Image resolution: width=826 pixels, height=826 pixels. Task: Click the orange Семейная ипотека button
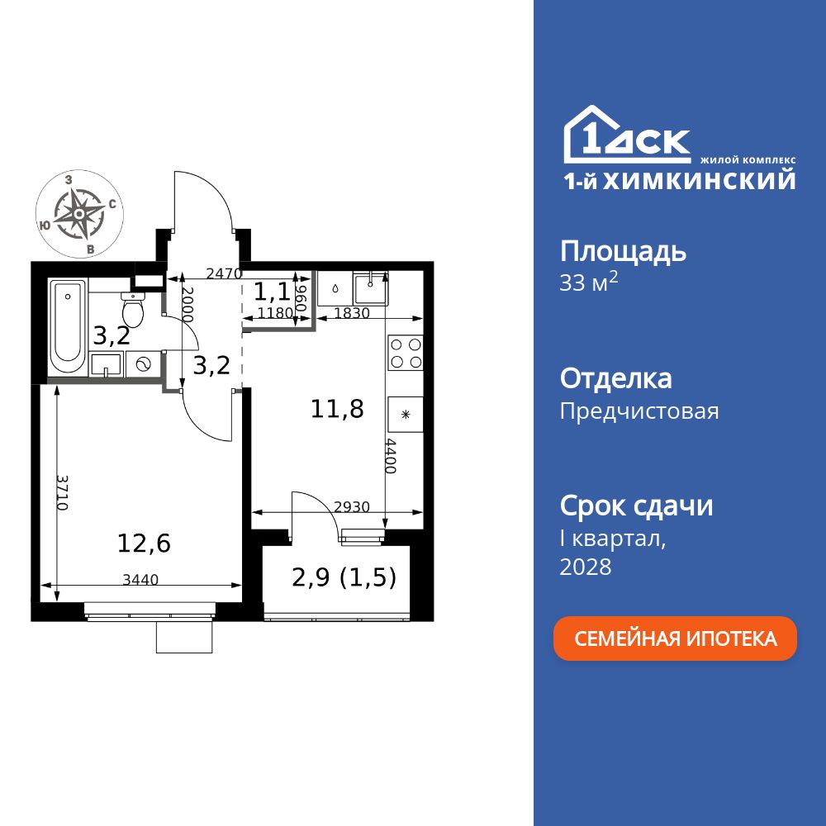tap(675, 638)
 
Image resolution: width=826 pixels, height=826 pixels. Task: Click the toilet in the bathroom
tap(132, 310)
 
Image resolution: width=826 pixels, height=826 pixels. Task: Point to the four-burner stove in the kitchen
tap(406, 354)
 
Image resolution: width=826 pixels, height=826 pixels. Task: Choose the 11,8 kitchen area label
tap(337, 408)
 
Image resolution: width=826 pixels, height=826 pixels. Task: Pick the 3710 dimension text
tap(62, 493)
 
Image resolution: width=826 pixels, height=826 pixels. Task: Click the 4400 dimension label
tap(392, 456)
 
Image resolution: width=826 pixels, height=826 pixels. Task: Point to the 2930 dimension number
tap(351, 507)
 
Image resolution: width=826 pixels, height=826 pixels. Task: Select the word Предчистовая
tap(638, 411)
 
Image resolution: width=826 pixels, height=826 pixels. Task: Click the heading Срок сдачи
tap(636, 506)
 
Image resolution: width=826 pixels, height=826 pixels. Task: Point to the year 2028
tap(586, 567)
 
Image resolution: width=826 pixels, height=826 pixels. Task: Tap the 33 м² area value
tap(589, 283)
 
